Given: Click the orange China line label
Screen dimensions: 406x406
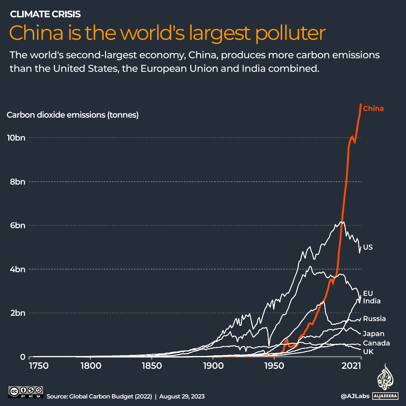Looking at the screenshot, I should (373, 109).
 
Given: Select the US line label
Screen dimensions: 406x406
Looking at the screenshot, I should (368, 247).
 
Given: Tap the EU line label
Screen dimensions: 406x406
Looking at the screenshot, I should (368, 293).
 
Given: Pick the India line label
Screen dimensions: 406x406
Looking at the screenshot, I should (371, 301).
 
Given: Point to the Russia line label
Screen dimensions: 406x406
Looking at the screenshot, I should (374, 319).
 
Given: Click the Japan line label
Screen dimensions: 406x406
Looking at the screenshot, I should (373, 334).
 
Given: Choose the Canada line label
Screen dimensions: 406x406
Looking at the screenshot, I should (376, 343).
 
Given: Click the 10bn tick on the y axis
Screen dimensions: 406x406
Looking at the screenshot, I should (16, 138).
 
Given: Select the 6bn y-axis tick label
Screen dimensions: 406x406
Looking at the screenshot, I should (18, 226).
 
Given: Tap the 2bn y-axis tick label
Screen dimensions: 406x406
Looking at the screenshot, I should (18, 313).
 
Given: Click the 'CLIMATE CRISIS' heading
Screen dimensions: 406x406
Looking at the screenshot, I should (45, 14).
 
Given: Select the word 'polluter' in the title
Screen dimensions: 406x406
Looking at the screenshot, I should (290, 33).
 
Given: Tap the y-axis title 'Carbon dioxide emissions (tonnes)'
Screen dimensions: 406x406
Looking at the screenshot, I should (73, 115).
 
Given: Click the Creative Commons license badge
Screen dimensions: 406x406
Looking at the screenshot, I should (26, 392).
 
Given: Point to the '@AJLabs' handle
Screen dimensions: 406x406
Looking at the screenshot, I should (355, 396).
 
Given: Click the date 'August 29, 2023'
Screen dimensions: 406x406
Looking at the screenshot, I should (182, 397).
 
